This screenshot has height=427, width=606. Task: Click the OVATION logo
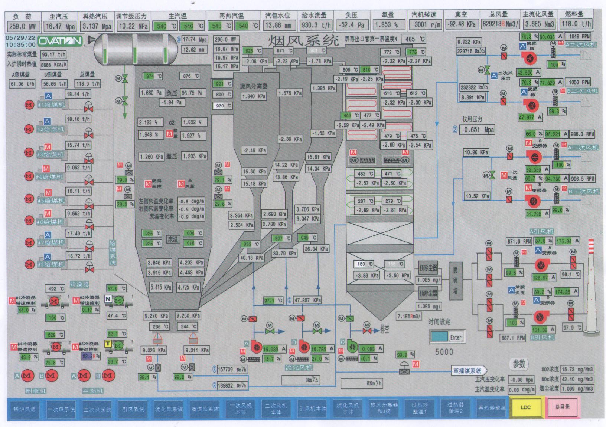(60, 41)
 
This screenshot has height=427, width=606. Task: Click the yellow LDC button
(526, 407)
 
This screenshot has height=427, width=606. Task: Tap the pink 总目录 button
(562, 407)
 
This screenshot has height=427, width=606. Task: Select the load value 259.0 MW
(23, 26)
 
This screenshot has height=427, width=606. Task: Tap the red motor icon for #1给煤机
(29, 105)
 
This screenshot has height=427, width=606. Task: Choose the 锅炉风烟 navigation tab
(25, 409)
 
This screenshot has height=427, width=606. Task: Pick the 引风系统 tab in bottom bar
(133, 409)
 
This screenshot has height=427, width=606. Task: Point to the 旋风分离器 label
(254, 86)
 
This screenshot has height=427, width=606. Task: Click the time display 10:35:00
(21, 44)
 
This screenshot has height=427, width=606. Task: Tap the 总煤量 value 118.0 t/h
(88, 84)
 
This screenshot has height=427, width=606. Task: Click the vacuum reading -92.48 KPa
(461, 24)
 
